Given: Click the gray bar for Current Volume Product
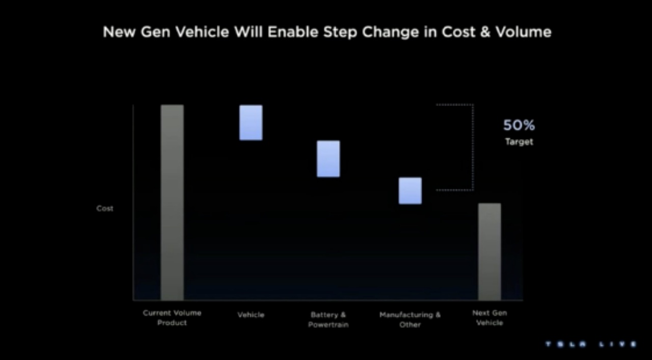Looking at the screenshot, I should coord(172,202).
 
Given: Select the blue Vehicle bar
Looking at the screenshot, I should coord(251,123).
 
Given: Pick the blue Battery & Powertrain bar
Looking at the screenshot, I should coord(328,159).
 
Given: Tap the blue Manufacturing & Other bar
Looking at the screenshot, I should coord(410,191).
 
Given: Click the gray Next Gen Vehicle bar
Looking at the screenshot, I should coord(490,252).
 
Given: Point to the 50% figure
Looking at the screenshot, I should coord(519,125).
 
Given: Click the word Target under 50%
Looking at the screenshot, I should coord(519,142).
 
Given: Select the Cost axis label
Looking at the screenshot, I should coord(105,208).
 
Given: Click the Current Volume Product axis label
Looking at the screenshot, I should coord(172,318).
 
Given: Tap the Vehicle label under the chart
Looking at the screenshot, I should coord(251,315).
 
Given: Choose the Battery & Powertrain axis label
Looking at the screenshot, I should coord(328,319).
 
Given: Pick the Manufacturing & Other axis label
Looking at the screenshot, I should coord(410,319).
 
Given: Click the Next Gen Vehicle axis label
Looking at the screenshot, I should coord(490,318).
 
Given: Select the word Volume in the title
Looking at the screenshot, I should coord(525,32).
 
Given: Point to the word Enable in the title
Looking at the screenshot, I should coord(292,32).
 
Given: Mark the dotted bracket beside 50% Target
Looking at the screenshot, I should coord(473,147).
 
